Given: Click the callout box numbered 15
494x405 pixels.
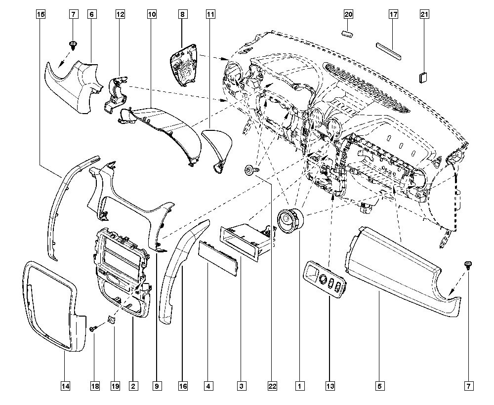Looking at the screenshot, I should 41,15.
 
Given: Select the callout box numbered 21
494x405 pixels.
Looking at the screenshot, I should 424,15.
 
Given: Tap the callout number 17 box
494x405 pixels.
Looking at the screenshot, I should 393,15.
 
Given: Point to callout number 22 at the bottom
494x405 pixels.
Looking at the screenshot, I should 271,385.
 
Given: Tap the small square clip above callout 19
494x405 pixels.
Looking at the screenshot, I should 112,321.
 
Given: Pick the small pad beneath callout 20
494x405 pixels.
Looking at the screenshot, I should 348,34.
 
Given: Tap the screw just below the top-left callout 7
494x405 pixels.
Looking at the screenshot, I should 73,45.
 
